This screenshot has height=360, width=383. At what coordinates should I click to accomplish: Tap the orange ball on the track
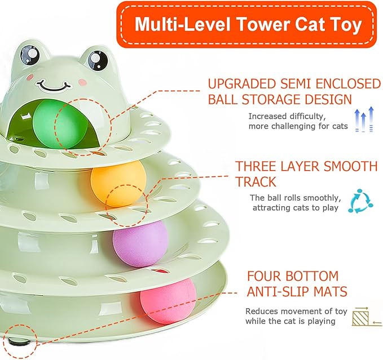pyautogui.click(x=118, y=184)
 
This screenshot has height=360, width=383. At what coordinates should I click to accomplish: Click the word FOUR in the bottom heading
pyautogui.click(x=265, y=277)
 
